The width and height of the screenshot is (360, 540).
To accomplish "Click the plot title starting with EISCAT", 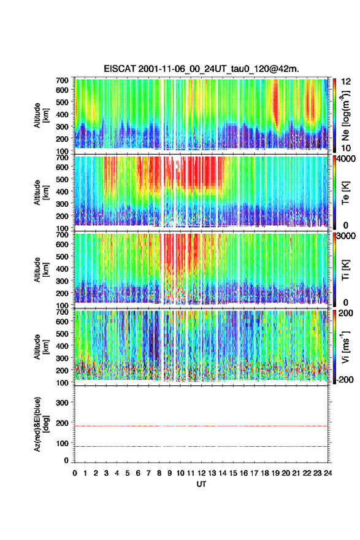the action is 201,69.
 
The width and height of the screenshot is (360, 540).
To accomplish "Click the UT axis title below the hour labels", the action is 201,484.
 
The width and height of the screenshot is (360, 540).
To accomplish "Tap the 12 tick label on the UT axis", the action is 201,473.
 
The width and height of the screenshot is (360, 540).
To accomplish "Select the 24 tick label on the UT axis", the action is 327,473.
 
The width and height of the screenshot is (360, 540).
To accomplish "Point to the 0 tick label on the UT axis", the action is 75,473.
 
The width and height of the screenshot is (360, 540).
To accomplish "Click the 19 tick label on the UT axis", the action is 275,473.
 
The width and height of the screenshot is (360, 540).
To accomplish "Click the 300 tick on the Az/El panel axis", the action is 63,403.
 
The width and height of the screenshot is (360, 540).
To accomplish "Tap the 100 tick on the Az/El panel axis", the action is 63,443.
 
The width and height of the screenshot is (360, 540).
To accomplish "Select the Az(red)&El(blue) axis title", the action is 40,424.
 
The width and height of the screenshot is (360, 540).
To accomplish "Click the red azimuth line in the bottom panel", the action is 201,426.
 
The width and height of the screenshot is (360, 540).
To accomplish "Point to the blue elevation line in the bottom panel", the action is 201,446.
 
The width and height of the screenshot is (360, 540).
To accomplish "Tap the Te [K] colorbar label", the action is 345,193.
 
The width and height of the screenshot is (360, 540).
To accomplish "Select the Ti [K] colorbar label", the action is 345,269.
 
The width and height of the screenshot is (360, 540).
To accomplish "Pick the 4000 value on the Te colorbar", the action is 345,159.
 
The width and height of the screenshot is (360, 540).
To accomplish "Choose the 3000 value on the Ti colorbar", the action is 345,236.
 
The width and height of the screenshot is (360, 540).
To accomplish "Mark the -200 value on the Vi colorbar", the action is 344,379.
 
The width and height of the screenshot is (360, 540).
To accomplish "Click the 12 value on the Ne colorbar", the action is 346,82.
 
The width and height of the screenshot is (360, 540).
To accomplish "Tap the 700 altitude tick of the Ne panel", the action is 63,80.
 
